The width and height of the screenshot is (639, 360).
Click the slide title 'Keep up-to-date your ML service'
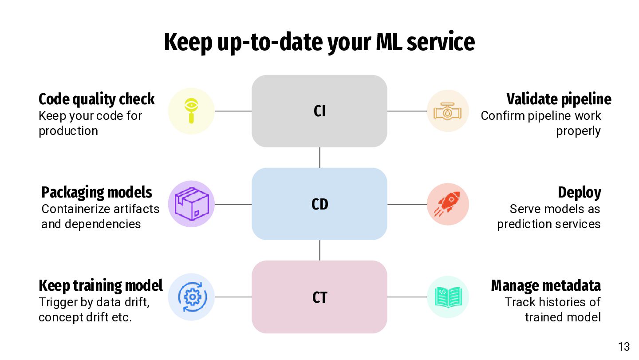point(319,42)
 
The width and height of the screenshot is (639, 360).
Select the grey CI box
point(319,111)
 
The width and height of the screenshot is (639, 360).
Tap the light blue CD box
point(319,204)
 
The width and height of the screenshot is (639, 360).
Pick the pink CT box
point(319,297)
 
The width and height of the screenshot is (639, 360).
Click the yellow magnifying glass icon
point(191,111)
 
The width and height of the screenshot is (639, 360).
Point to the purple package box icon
point(192,204)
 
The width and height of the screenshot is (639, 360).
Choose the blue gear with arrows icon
point(192,297)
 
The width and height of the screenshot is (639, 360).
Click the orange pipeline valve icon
point(447,111)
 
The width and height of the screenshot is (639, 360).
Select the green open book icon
point(448,297)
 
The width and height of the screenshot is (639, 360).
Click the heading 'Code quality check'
point(96,99)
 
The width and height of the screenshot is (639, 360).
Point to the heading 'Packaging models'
point(97,193)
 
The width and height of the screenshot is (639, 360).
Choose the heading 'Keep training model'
point(101,285)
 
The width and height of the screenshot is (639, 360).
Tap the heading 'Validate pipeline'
point(559,99)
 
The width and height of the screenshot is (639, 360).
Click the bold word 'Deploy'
point(580,193)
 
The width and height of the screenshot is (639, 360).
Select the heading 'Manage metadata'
point(546,285)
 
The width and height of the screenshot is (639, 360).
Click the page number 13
point(624,347)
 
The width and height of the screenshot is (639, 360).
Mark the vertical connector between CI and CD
point(319,158)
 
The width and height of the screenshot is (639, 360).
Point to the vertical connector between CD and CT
point(319,250)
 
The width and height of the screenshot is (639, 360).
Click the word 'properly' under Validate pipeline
point(578,131)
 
